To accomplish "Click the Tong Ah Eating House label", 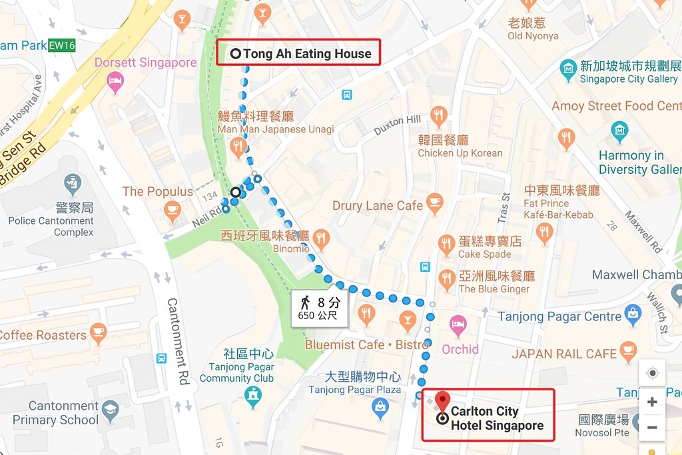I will pyautogui.click(x=306, y=54).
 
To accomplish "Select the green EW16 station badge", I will pyautogui.click(x=62, y=45).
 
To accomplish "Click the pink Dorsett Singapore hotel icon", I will pyautogui.click(x=115, y=83).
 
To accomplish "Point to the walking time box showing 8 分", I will pyautogui.click(x=320, y=308).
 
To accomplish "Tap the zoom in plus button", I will pyautogui.click(x=652, y=402).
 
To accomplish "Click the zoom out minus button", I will pyautogui.click(x=652, y=427).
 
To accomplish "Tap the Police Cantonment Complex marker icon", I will pyautogui.click(x=72, y=181).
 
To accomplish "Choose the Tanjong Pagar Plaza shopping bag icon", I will pyautogui.click(x=380, y=406).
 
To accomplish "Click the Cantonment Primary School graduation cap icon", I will pyautogui.click(x=111, y=408).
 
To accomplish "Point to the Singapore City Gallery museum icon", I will pyautogui.click(x=568, y=68).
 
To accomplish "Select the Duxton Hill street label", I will pyautogui.click(x=397, y=125).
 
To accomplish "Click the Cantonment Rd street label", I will pyautogui.click(x=177, y=341).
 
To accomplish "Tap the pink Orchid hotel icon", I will pyautogui.click(x=458, y=326).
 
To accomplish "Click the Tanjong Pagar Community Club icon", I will pyautogui.click(x=252, y=396).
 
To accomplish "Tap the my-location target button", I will pyautogui.click(x=652, y=372).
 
